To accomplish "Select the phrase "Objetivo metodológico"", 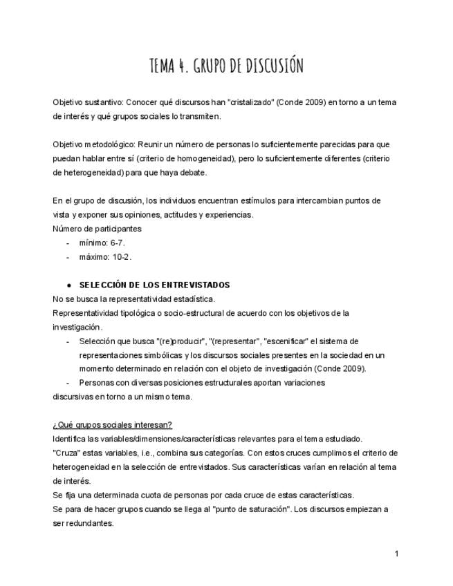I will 93,144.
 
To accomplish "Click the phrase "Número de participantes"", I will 97,228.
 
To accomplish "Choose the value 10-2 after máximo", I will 120,256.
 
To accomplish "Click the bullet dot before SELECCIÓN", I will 70,285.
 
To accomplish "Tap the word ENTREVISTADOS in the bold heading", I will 197,285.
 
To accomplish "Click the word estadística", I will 189,299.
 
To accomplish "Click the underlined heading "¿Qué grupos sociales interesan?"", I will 112,424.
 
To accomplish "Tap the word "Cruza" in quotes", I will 66,453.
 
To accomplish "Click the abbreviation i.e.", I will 144,453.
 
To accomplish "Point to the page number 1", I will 396,554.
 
